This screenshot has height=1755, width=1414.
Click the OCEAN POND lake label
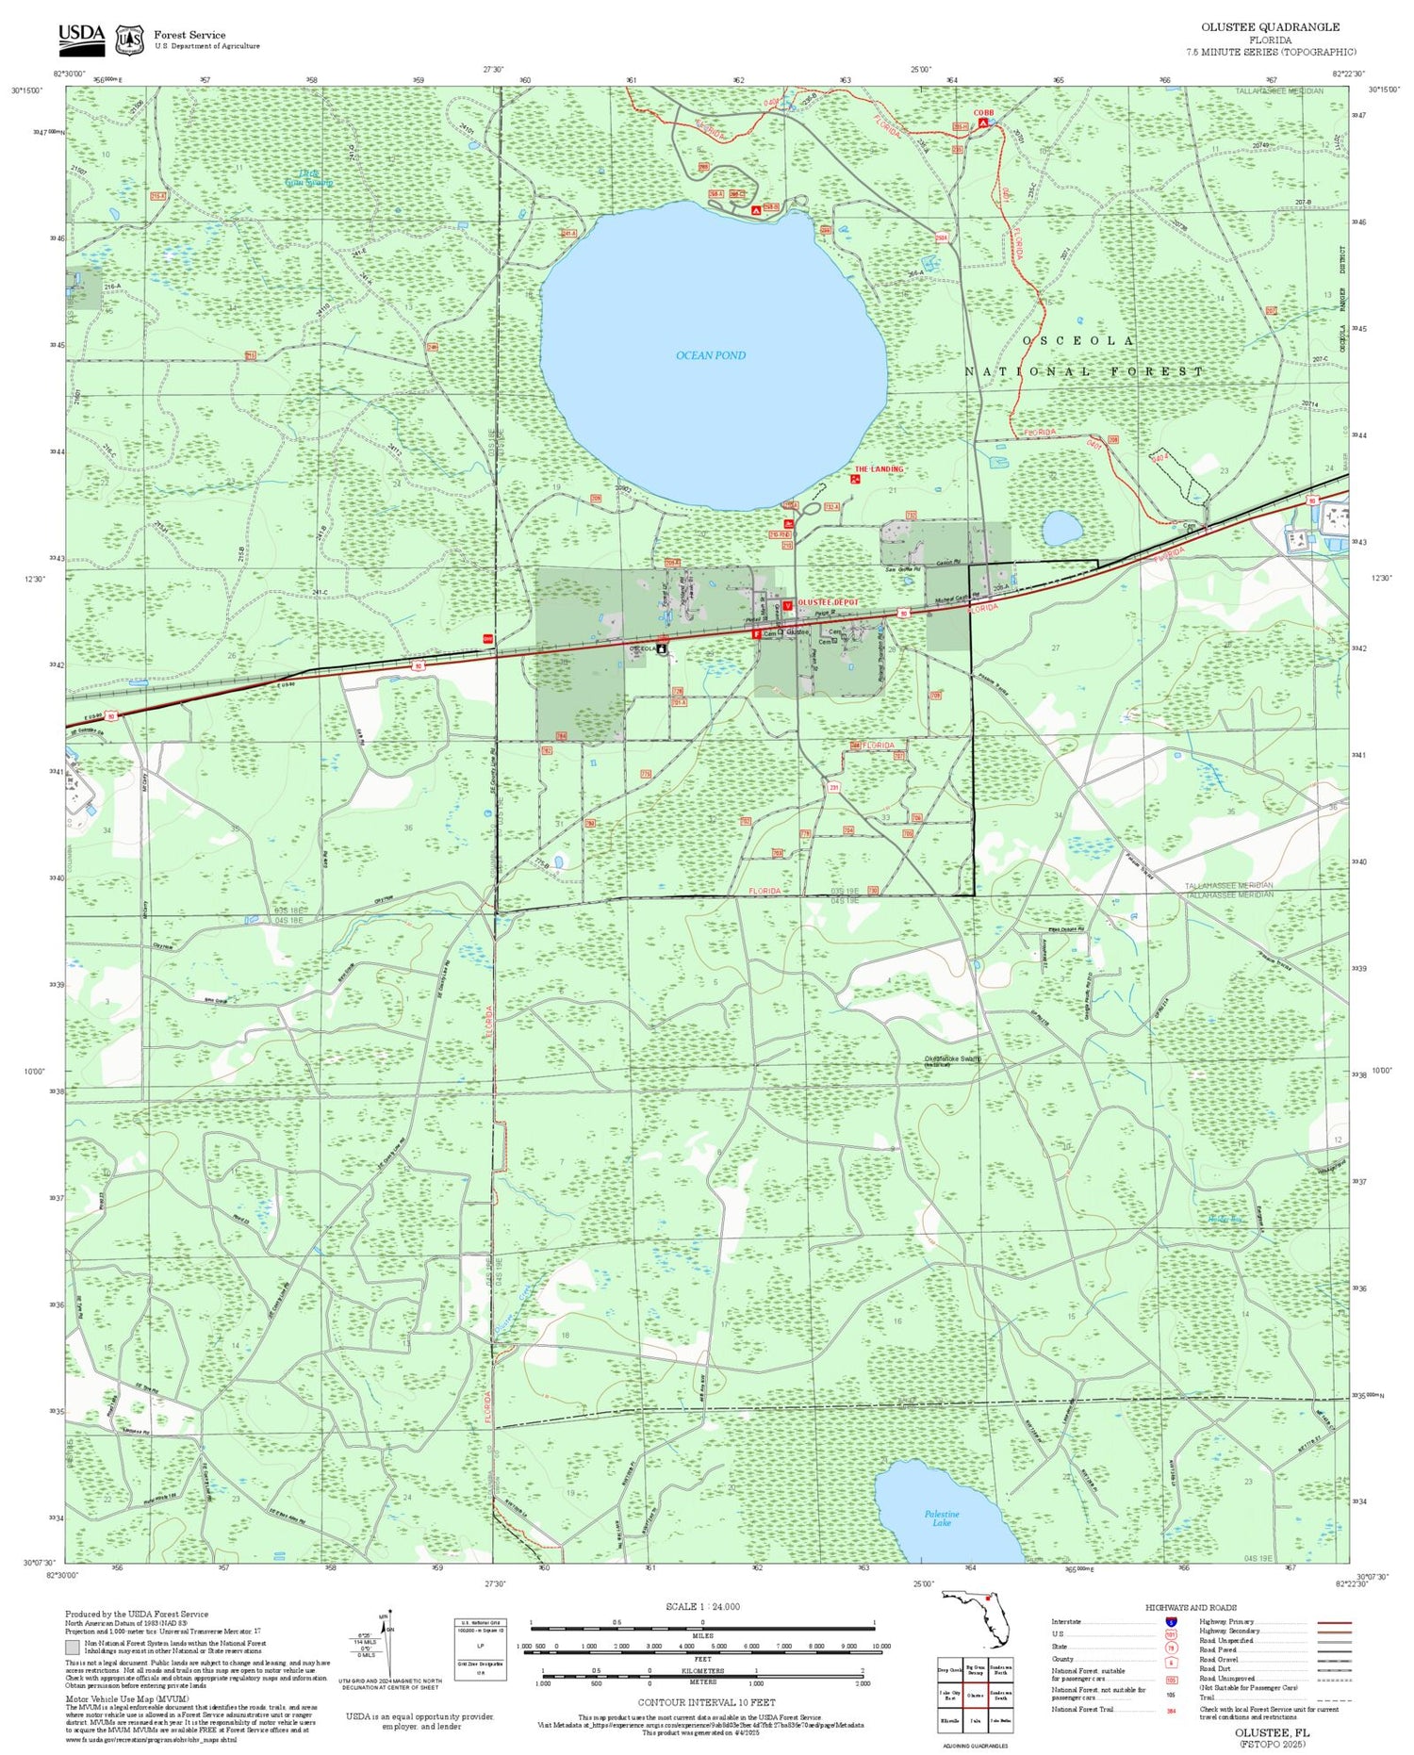711,355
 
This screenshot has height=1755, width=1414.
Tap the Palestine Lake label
941,1518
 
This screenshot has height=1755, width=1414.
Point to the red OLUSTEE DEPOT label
828,602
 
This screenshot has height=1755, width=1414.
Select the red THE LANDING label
879,469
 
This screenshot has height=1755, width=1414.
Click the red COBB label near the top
983,113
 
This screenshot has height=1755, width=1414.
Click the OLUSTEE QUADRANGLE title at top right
1270,26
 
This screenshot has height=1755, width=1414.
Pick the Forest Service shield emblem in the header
128,40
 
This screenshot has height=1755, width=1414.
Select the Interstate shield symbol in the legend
1170,1622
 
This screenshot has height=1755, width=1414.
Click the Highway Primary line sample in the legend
1330,1622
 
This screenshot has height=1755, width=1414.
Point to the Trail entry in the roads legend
1207,1698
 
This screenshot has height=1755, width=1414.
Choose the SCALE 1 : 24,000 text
702,1607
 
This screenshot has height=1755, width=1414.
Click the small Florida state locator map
976,1617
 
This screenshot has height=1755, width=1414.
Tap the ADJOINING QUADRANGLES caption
976,1747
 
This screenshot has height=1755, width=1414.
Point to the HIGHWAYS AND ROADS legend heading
1191,1608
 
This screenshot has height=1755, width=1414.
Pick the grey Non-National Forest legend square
73,1648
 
